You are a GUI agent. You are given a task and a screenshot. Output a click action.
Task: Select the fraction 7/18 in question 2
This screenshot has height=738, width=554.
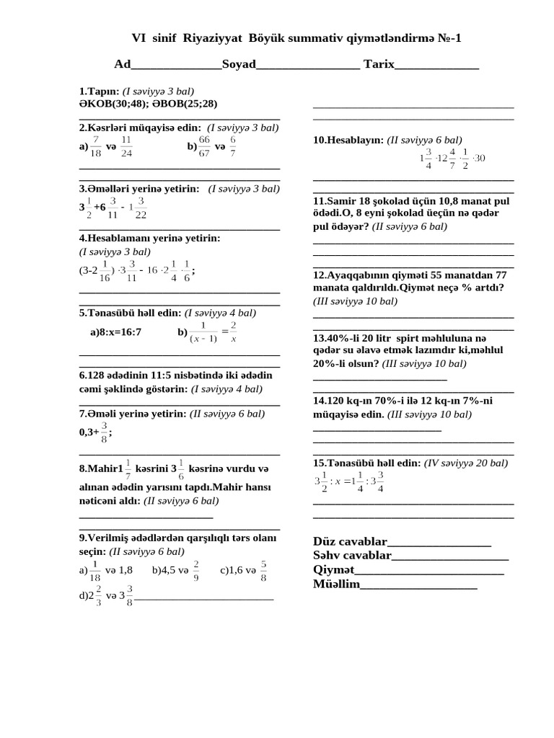click(x=96, y=146)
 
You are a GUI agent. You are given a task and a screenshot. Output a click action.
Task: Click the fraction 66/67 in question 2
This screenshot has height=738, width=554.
click(x=204, y=146)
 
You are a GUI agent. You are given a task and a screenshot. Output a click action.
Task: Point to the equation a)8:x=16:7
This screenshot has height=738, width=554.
click(x=116, y=332)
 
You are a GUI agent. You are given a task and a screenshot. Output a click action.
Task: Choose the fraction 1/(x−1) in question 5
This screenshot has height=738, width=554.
click(x=203, y=333)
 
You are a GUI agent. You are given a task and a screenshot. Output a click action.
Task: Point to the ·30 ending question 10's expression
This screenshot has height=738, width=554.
click(x=478, y=158)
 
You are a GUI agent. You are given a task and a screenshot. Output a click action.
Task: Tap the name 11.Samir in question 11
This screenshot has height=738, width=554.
click(x=333, y=200)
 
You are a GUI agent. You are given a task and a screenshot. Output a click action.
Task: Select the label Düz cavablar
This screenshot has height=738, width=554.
click(x=350, y=542)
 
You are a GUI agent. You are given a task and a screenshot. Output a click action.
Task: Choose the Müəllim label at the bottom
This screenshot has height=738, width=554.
click(x=335, y=584)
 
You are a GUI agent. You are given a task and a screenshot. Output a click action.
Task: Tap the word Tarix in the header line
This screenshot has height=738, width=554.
click(x=379, y=64)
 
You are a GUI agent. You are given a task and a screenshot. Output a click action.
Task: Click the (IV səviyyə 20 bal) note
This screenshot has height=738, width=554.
click(x=466, y=463)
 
